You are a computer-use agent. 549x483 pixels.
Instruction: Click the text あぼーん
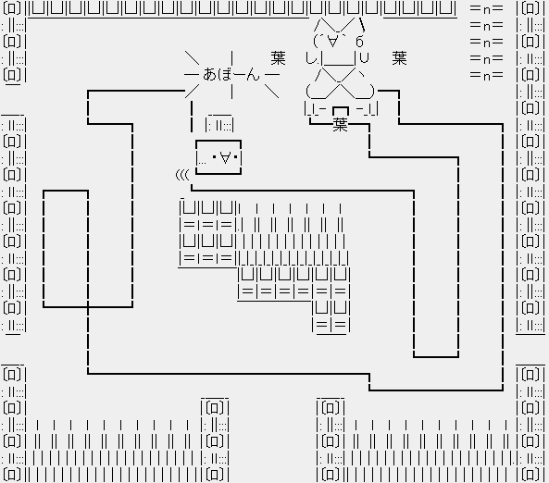pyautogui.click(x=231, y=75)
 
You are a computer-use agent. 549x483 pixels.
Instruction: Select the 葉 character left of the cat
pyautogui.click(x=278, y=58)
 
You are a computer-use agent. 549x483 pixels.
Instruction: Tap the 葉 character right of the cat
pyautogui.click(x=400, y=58)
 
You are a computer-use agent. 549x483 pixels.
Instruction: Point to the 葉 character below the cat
pyautogui.click(x=341, y=124)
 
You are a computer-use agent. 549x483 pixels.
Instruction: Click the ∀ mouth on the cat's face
pyautogui.click(x=333, y=41)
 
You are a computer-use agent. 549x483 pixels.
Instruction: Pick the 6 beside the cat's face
pyautogui.click(x=359, y=42)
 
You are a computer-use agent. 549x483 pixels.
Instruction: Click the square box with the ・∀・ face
pyautogui.click(x=218, y=157)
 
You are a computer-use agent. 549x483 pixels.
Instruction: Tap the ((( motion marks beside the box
pyautogui.click(x=182, y=174)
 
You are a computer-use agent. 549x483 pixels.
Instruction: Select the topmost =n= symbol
pyautogui.click(x=487, y=8)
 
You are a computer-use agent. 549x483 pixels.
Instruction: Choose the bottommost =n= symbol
pyautogui.click(x=487, y=75)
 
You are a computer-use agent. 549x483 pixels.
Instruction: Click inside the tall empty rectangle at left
pyautogui.click(x=66, y=249)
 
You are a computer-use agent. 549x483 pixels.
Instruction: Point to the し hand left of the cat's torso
pyautogui.click(x=310, y=58)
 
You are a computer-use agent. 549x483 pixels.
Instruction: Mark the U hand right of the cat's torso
pyautogui.click(x=365, y=57)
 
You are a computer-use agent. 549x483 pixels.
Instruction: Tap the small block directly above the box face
pyautogui.click(x=219, y=123)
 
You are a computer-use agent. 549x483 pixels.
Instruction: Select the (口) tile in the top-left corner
pyautogui.click(x=12, y=8)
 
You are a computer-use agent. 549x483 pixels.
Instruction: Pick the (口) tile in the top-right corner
pyautogui.click(x=530, y=8)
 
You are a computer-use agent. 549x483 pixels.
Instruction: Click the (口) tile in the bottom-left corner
pyautogui.click(x=12, y=475)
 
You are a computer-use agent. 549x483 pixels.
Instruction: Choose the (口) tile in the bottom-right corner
pyautogui.click(x=530, y=475)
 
